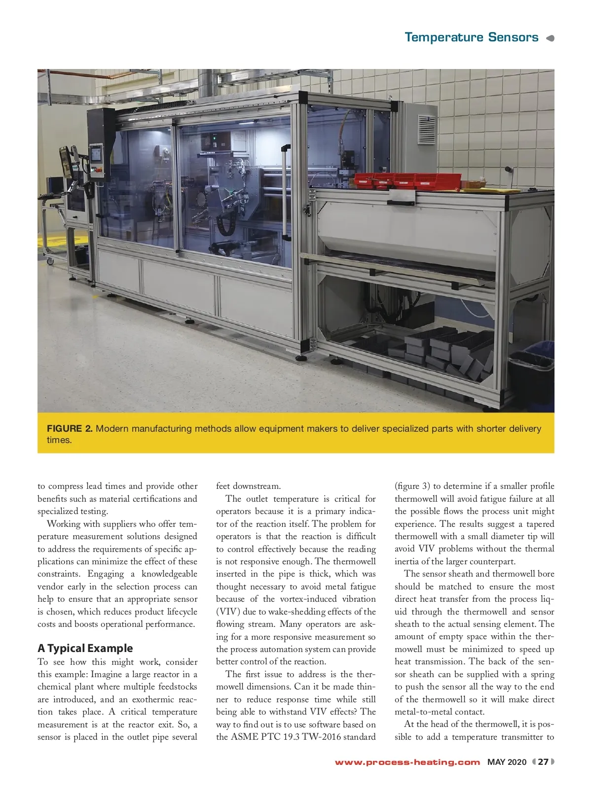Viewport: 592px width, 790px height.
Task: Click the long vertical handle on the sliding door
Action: click(x=285, y=175)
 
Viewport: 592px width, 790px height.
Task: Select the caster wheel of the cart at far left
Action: click(x=50, y=261)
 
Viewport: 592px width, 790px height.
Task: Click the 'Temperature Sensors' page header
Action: click(x=471, y=37)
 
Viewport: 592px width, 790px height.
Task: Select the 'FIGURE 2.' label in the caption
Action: click(x=70, y=429)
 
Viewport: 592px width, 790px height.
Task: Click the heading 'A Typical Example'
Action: click(x=85, y=648)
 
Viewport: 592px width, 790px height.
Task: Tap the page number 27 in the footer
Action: click(x=543, y=762)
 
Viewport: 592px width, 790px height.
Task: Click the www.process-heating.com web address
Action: click(x=407, y=762)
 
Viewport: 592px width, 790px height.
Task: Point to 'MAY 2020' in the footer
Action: click(x=507, y=762)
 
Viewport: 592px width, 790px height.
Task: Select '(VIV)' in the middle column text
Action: click(x=227, y=612)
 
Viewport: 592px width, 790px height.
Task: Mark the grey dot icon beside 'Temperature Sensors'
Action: click(x=551, y=38)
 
